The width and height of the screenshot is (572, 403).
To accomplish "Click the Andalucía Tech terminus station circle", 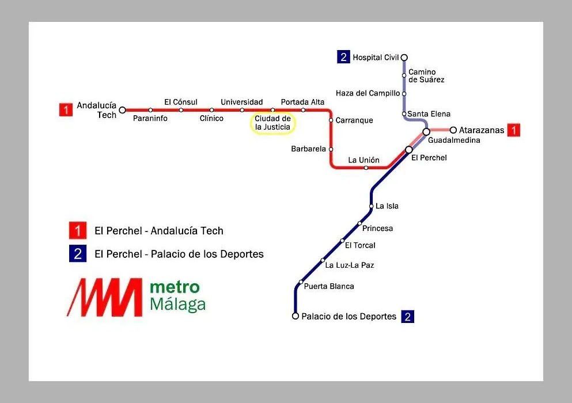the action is pos(123,110).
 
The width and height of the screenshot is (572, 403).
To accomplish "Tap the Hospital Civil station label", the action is pos(376,58).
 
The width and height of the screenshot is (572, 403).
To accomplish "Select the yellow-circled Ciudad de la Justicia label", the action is pos(272,123).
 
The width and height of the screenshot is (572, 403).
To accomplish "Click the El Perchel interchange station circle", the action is pos(409,150).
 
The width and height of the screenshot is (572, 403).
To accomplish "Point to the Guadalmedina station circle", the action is pos(426,131).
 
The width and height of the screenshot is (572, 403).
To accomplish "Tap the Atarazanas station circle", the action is pos(453,130).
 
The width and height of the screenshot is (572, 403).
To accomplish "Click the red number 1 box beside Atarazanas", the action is pos(514,130).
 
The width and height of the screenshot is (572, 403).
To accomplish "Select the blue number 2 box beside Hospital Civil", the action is pos(343,57).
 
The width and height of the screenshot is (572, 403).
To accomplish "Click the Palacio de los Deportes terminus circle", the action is pos(296,316).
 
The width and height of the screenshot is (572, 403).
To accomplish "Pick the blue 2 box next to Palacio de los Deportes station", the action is pos(407,317).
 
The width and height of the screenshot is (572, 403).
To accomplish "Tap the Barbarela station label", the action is pos(308,149).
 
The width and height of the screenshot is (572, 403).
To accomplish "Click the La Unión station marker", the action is pos(366,168).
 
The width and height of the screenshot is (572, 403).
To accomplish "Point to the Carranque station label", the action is pos(354,120).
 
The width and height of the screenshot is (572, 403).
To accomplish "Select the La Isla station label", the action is pos(387,206).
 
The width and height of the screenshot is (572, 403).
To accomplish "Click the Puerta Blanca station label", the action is pos(329,286).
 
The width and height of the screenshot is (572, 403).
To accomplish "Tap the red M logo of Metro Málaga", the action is pos(105,297).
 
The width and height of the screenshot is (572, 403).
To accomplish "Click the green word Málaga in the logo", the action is pos(177,305).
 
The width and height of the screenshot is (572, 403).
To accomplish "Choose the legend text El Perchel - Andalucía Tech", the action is pos(158,231).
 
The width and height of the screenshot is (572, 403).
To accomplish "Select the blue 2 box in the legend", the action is pos(78,253).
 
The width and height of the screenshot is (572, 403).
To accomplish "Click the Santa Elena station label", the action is pos(429,114).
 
